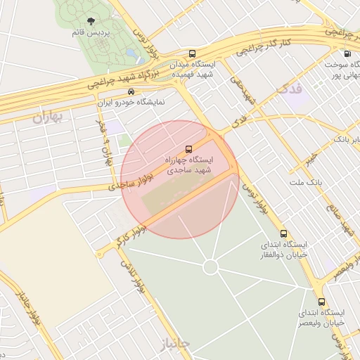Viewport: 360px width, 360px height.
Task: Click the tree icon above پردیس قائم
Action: point(89,22)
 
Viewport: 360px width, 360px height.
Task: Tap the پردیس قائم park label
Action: point(89,32)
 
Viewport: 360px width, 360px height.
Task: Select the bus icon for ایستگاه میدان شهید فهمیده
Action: point(193,53)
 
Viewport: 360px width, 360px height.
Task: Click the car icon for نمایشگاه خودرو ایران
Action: point(131,91)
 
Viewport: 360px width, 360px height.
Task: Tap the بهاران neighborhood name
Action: point(47,117)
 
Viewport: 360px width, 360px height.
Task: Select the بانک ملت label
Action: point(304,183)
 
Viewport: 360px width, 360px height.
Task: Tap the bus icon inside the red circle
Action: point(188,148)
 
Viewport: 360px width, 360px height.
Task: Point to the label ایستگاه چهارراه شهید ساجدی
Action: point(188,165)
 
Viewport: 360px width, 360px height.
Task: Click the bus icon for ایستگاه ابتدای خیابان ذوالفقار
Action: point(283,233)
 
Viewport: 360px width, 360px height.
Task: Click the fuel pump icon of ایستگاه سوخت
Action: point(347,53)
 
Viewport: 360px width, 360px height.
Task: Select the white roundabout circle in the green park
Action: point(211,266)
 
